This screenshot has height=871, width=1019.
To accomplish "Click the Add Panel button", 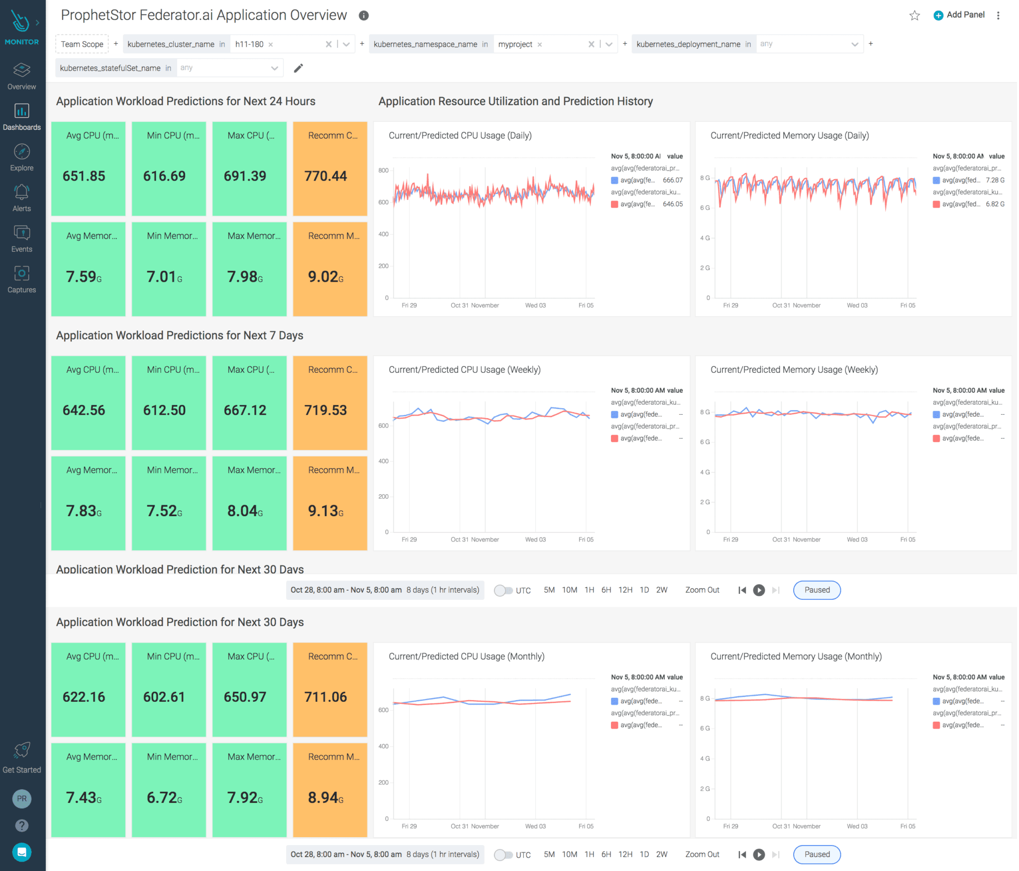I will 959,15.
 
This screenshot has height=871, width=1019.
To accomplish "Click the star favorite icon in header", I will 914,15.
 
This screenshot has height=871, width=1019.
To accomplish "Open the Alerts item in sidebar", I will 21,198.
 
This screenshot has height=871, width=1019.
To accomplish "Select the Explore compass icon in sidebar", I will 21,151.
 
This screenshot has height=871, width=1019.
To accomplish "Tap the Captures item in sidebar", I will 21,279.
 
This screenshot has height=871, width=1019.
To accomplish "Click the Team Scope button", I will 82,44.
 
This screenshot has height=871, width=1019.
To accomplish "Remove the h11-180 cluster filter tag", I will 271,44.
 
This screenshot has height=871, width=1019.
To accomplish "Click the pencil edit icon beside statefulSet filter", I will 298,68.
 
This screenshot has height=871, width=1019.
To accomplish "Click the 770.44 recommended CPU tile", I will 329,169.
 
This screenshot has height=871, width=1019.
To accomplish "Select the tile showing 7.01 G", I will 169,269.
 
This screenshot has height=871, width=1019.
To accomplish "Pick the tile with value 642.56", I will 88,403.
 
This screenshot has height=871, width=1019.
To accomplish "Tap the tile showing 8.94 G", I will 329,790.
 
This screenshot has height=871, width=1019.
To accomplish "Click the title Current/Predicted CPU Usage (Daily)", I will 460,135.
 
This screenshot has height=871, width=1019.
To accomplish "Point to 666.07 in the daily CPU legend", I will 672,180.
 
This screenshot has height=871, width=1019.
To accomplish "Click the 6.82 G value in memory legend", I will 995,204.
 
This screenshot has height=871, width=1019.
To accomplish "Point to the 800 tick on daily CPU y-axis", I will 383,170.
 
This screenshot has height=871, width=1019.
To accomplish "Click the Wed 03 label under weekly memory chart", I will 857,540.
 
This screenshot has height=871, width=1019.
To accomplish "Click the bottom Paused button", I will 816,854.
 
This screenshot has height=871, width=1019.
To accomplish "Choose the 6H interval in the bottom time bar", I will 606,854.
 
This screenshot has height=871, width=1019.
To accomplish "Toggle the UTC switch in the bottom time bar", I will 503,855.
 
